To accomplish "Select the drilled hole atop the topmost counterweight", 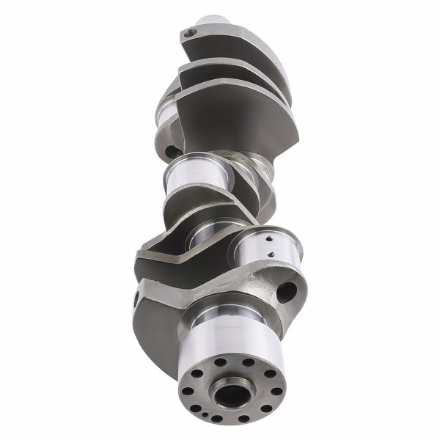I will (x=190, y=32).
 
